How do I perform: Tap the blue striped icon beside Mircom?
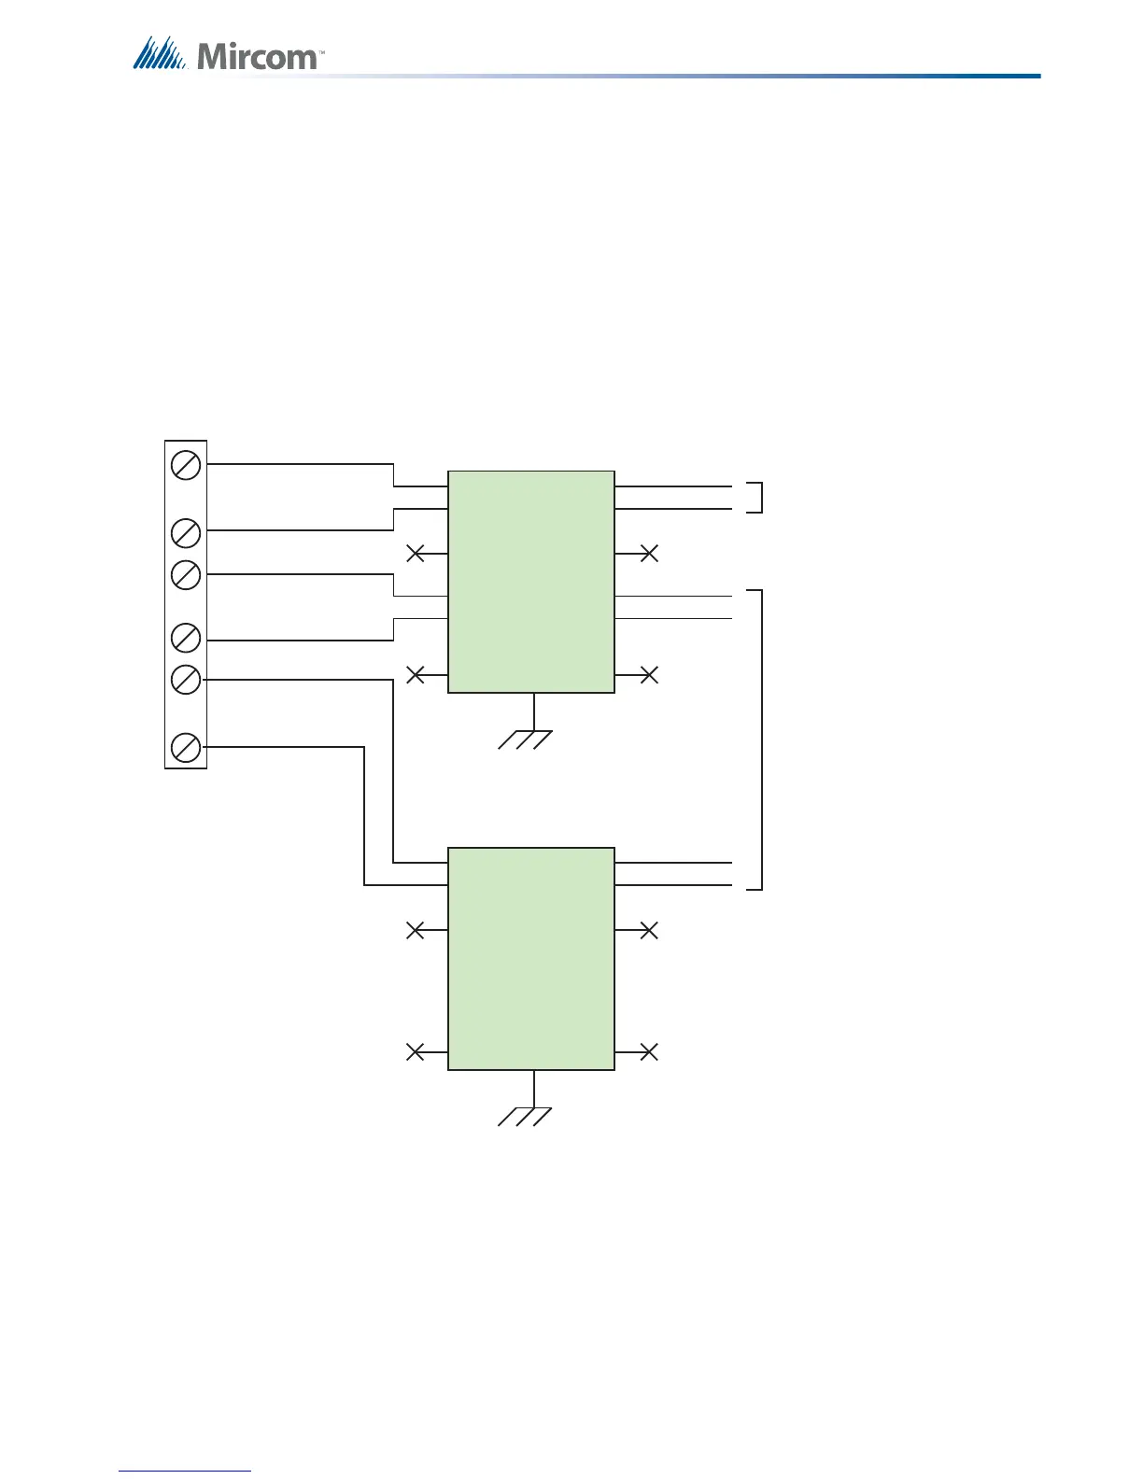pos(161,54)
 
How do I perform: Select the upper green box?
pos(531,582)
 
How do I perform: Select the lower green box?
pos(531,959)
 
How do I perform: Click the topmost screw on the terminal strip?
pos(186,464)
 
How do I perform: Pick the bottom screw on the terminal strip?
pos(186,748)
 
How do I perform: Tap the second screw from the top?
pos(186,533)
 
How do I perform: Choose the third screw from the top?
pos(186,574)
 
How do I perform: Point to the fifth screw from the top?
pos(186,680)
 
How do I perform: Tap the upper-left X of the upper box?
pos(416,554)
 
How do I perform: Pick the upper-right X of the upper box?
pos(649,554)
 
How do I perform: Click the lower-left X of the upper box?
pos(416,674)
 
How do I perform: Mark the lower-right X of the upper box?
pos(649,674)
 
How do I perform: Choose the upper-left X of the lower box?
pos(416,930)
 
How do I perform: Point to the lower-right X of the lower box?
pos(649,1052)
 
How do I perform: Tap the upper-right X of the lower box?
pos(649,930)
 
